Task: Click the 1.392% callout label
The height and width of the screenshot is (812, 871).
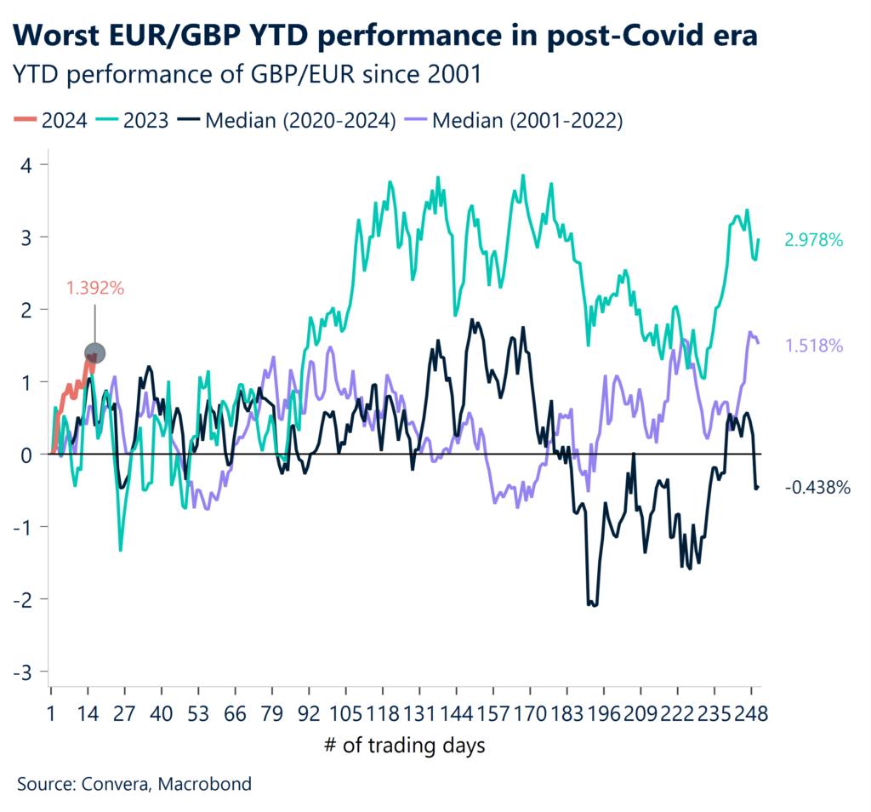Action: (x=95, y=289)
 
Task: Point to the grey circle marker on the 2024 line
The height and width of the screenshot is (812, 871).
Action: (x=95, y=352)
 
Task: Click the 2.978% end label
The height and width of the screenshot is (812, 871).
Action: (x=813, y=241)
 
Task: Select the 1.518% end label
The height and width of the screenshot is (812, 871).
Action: (x=813, y=346)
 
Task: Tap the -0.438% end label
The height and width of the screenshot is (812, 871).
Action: (x=817, y=488)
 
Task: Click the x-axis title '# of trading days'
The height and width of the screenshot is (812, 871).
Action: (x=404, y=746)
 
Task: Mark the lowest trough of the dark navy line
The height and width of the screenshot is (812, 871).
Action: (x=593, y=605)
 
